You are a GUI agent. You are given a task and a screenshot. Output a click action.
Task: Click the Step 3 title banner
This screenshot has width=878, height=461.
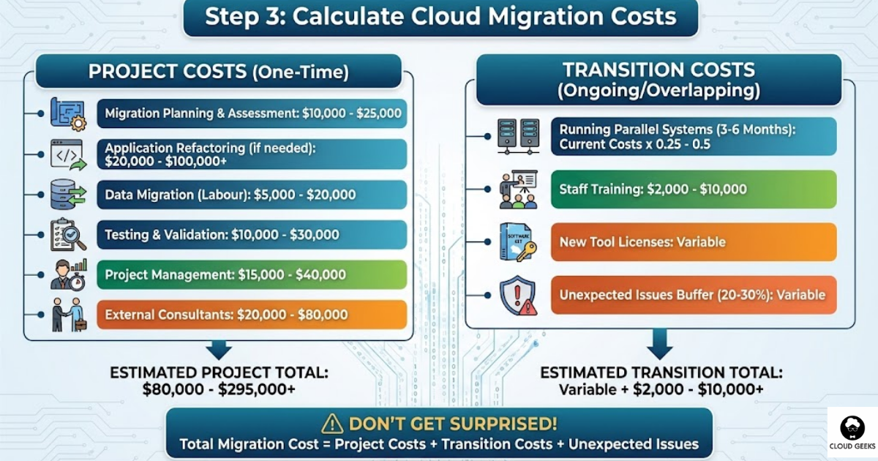440,18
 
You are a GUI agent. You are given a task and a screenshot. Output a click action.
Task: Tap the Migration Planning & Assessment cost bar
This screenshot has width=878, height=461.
252,114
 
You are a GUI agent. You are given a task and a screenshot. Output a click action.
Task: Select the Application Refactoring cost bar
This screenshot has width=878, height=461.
252,154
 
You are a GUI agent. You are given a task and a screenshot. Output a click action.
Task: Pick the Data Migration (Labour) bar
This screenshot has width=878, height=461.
252,195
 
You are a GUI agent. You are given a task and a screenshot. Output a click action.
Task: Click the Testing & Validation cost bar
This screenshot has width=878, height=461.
252,235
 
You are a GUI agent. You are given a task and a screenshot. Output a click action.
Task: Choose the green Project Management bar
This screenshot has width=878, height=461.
252,275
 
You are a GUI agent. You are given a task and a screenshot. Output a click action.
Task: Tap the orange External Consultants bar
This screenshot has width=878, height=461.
252,315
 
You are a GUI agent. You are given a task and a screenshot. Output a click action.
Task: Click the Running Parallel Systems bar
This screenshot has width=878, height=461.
694,136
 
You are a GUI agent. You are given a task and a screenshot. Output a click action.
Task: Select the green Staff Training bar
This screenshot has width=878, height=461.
694,190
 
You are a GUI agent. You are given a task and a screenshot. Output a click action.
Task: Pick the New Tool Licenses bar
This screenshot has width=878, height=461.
694,242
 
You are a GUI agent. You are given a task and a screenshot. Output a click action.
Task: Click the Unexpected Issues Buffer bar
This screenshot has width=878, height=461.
694,295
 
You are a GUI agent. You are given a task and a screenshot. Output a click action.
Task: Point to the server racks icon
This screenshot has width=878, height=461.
518,136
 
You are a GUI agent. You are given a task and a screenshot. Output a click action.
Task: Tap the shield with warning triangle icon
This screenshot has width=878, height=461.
518,296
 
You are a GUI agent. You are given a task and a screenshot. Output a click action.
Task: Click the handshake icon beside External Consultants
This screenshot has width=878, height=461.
68,315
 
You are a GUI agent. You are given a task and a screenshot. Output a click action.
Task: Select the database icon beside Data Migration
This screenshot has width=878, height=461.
68,195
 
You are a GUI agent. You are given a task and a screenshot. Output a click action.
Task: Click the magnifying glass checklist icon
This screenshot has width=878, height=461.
68,235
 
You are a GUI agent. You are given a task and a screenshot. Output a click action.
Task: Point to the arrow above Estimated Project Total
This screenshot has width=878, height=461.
219,348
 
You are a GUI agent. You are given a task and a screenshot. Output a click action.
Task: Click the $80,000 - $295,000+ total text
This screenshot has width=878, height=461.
219,390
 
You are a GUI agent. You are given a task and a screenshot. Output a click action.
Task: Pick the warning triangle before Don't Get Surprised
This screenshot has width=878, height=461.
332,424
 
